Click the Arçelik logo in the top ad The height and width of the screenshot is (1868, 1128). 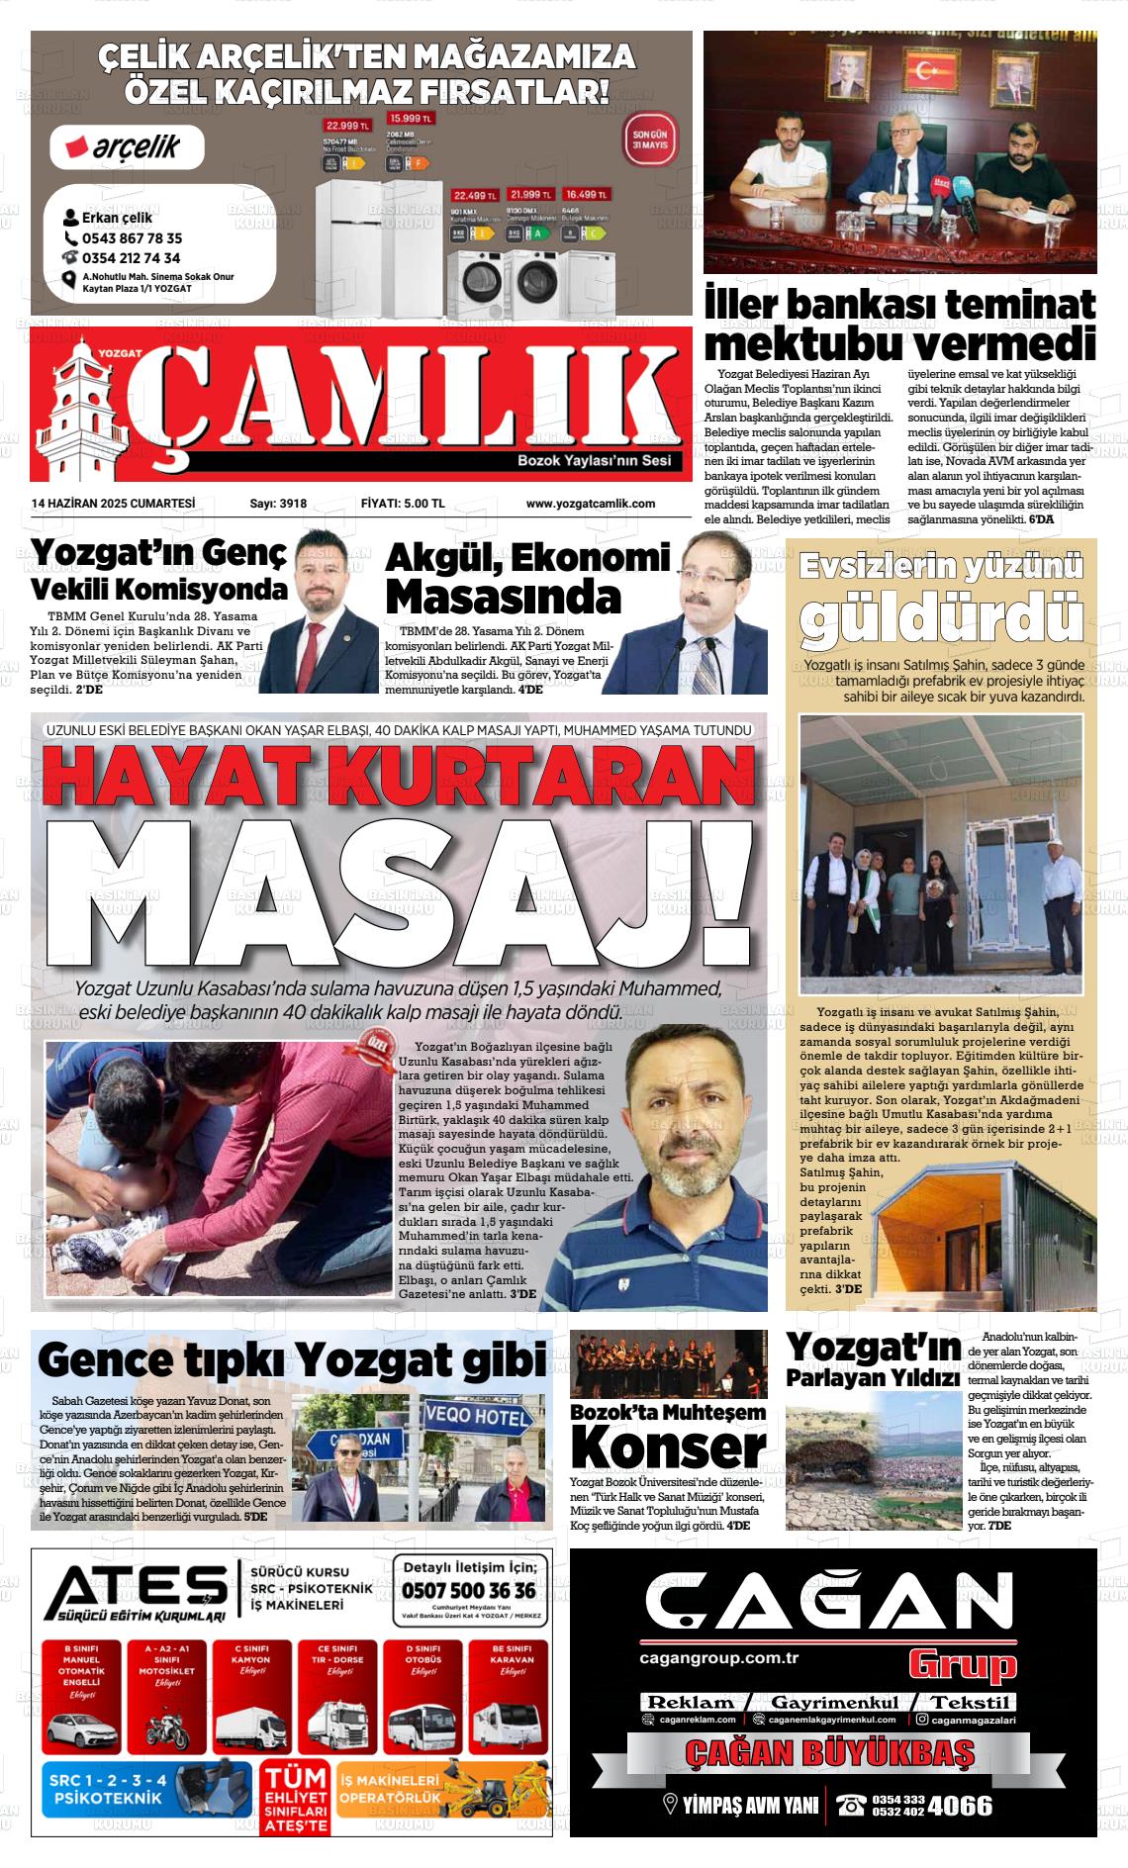(x=127, y=147)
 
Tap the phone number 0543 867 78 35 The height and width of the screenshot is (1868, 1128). (x=131, y=238)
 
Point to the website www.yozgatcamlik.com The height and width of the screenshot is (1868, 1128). (x=590, y=504)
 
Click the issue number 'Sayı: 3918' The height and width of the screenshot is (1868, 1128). (x=278, y=504)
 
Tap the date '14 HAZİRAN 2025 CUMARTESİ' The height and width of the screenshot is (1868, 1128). (x=113, y=504)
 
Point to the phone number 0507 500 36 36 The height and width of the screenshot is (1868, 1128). (x=469, y=1590)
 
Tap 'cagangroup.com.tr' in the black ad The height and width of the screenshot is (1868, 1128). (x=719, y=1658)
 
